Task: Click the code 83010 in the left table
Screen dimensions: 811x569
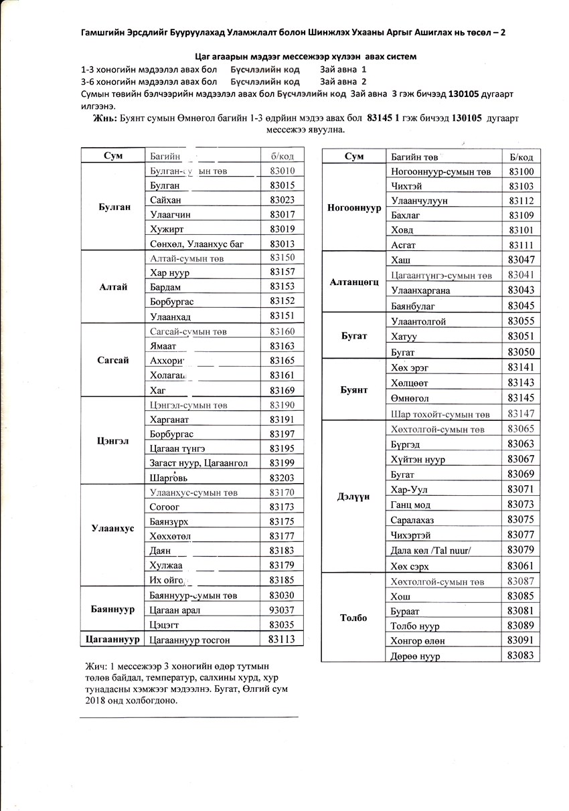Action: pos(282,171)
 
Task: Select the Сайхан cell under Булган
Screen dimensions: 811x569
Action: pos(165,199)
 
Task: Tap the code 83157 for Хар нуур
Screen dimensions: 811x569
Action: pos(282,272)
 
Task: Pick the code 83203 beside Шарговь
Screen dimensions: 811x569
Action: pos(282,478)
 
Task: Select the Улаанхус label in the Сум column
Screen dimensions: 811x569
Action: pos(113,528)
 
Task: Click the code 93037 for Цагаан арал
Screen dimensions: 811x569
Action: pos(282,610)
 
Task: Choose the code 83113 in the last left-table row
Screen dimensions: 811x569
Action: pos(282,639)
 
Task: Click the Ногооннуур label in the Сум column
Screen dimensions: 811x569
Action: pos(354,207)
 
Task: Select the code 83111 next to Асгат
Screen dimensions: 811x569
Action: pos(521,245)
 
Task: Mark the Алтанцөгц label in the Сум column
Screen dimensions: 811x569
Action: pos(354,282)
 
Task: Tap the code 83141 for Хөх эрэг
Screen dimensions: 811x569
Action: pos(521,367)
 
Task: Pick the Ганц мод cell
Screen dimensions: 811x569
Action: pos(410,505)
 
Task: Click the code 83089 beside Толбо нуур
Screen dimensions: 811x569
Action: pos(521,625)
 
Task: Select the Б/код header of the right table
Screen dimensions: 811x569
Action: pos(521,157)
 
